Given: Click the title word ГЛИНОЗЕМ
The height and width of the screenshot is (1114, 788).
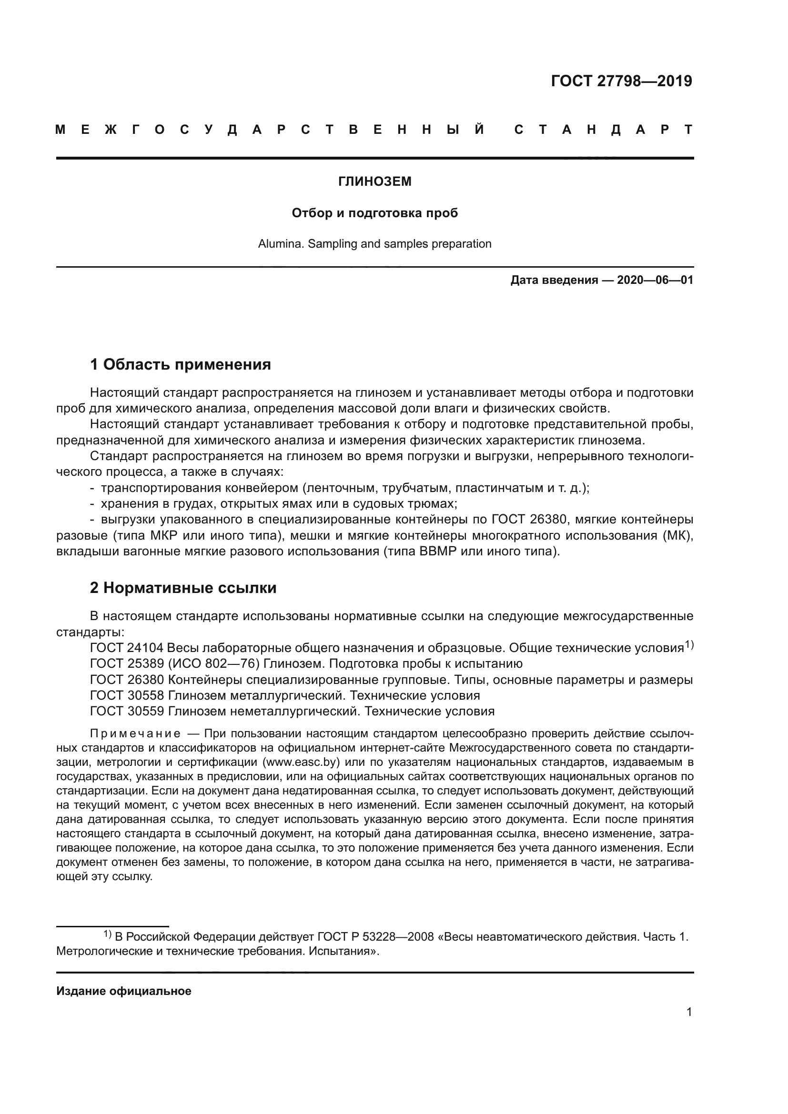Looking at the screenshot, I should (374, 181).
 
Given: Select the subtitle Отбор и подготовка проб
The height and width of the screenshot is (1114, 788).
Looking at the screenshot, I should (374, 213).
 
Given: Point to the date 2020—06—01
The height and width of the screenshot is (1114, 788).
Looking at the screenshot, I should (655, 280).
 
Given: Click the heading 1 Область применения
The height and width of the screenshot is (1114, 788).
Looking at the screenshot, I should (181, 364).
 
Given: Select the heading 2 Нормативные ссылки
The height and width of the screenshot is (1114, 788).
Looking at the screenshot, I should (183, 588).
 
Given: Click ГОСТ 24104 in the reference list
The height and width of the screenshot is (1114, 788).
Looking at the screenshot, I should (127, 648).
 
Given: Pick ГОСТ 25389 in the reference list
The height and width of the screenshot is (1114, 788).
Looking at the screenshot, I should (127, 664).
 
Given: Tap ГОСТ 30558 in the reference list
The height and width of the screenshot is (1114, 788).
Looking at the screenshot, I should (127, 695).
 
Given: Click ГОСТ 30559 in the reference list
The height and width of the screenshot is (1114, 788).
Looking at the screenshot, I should (127, 711).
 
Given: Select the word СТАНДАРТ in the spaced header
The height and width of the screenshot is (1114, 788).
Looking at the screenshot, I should (603, 130).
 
